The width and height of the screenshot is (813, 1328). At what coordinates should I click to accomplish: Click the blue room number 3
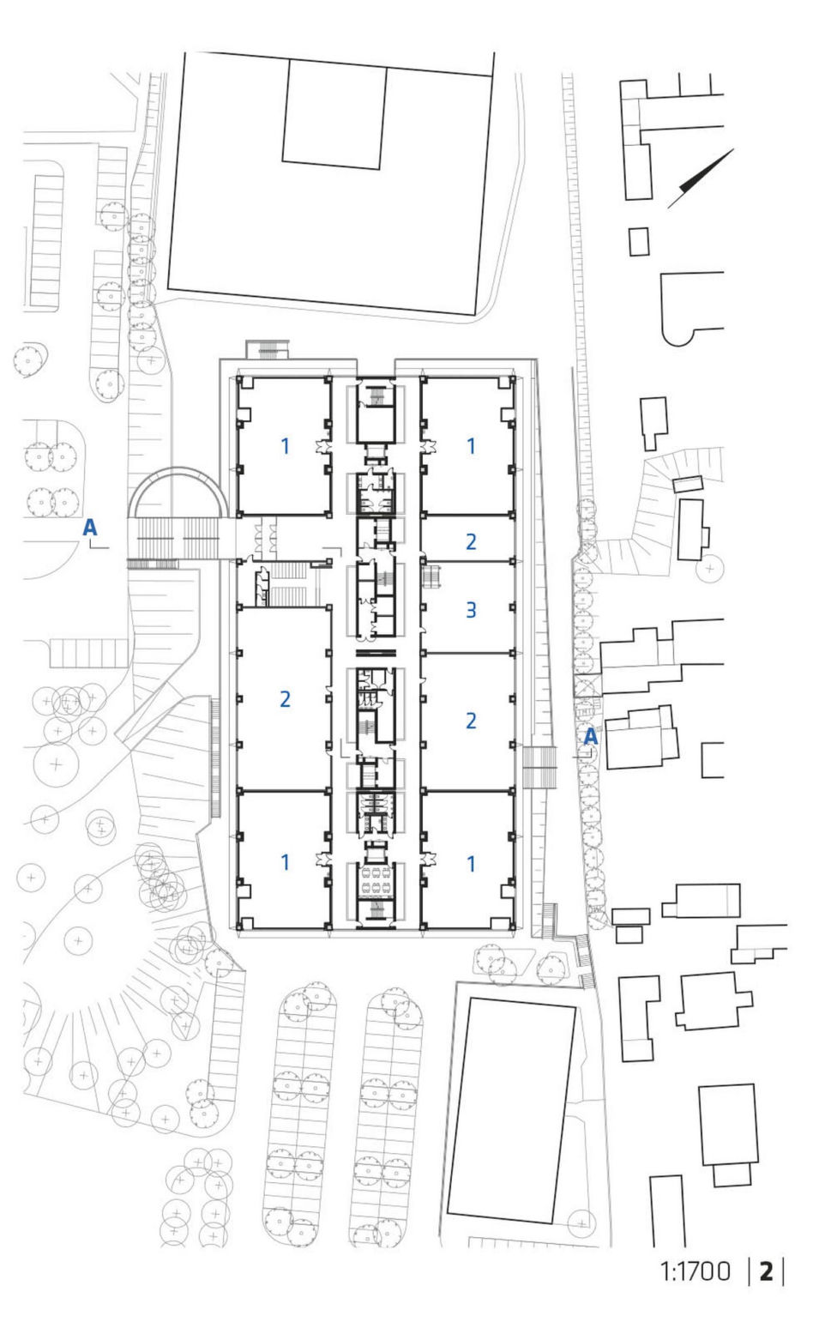point(471,609)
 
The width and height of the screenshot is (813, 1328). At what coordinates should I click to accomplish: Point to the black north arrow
point(701,178)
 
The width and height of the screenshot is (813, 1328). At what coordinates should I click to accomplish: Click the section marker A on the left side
point(89,527)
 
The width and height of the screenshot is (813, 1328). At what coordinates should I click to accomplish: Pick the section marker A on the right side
point(591,736)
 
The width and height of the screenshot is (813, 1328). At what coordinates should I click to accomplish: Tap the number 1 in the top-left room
point(285,446)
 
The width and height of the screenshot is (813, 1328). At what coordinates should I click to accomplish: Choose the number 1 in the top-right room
point(471,446)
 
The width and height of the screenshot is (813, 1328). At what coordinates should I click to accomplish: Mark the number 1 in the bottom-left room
point(285,862)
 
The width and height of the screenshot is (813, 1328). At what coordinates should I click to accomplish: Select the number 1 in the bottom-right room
point(471,864)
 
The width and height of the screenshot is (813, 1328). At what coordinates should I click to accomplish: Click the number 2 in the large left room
point(285,699)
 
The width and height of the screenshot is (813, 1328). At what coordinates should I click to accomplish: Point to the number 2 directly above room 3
point(471,541)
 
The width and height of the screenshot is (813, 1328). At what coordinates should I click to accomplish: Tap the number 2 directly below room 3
point(471,721)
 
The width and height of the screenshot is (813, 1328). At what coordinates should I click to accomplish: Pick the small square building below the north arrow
point(639,242)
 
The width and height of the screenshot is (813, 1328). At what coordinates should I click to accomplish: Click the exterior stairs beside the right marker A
point(539,767)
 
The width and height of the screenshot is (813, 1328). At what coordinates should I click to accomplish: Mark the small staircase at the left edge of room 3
point(431,576)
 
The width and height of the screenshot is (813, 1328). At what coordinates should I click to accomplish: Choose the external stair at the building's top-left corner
point(268,349)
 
